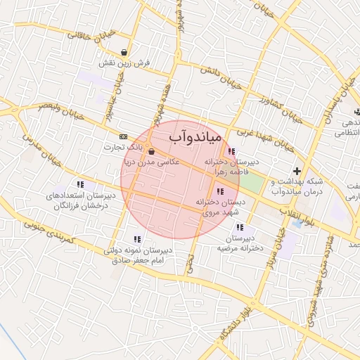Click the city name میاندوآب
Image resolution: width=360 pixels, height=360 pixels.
click(196, 136)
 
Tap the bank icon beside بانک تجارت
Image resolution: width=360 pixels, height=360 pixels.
click(124, 136)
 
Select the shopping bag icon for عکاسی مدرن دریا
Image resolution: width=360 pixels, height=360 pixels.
click(152, 150)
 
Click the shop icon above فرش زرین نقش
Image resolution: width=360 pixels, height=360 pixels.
click(124, 52)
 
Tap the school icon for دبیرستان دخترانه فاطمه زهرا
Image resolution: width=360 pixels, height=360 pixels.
click(231, 151)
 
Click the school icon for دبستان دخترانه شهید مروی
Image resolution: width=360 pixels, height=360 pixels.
click(221, 191)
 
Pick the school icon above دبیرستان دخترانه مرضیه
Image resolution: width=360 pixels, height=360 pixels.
click(240, 227)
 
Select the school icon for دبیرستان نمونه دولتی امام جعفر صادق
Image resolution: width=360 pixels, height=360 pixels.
click(136, 239)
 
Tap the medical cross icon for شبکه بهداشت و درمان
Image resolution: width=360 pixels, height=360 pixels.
click(297, 171)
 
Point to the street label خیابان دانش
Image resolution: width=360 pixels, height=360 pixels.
click(219, 77)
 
